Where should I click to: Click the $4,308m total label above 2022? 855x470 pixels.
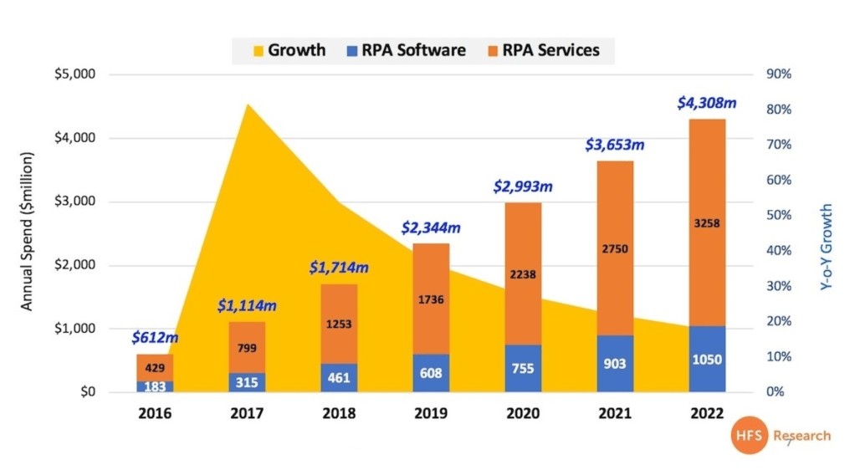coord(706,104)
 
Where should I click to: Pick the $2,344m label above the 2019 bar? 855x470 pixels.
coord(431,227)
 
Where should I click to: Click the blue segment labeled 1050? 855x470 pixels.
coord(707,359)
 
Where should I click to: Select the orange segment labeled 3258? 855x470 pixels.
coord(707,222)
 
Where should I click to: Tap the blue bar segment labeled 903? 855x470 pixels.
coord(616,364)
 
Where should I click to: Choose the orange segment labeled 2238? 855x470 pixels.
coord(524,273)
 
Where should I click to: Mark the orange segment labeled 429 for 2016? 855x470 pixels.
coord(156,368)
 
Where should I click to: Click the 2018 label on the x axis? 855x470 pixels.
coord(340,413)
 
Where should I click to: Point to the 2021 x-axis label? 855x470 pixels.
coord(616,413)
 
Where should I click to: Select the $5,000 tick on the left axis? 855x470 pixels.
coord(75,74)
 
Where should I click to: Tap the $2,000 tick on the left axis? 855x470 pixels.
coord(75,265)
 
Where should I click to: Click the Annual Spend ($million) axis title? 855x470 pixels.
coord(27,231)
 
